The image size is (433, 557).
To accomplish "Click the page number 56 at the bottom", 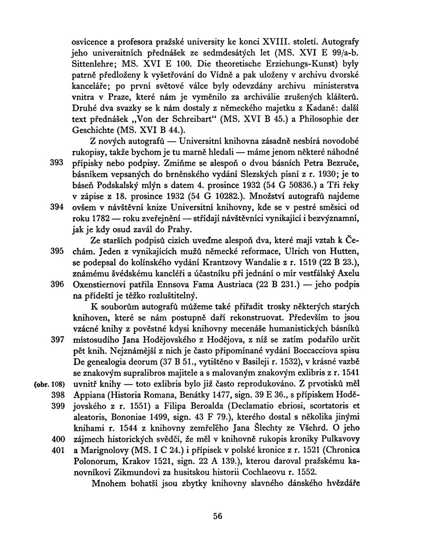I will coord(218,516).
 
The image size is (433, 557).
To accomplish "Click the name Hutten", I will coord(343,251).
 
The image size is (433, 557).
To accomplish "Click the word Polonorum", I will coord(92,461).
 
